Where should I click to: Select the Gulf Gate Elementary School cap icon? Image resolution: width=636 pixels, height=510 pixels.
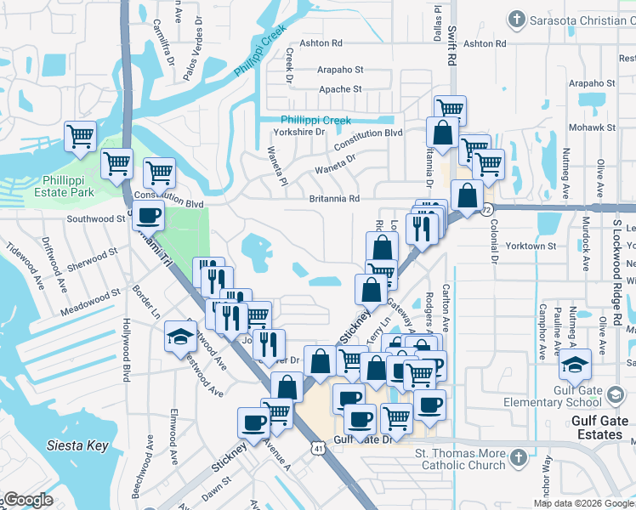tap(575, 365)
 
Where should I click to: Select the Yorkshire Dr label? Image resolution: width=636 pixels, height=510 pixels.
tap(298, 132)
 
